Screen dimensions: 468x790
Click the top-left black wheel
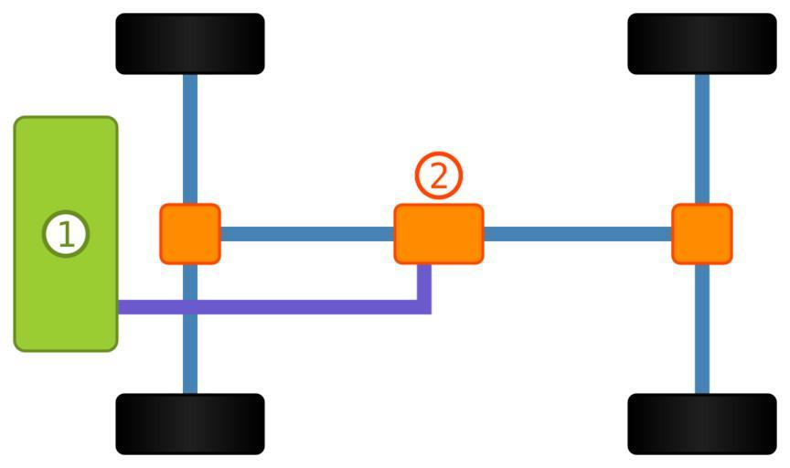pos(190,44)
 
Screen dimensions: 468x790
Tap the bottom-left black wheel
pos(190,423)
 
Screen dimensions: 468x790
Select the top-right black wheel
pos(701,44)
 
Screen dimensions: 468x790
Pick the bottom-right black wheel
pos(701,423)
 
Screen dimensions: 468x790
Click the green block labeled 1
pos(66,292)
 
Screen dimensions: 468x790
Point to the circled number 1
pos(66,234)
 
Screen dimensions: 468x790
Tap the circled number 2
pos(439,175)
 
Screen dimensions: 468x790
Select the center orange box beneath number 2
pos(439,234)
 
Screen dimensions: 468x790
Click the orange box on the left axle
pos(190,234)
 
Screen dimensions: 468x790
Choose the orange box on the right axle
pos(701,234)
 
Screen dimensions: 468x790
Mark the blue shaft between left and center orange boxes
pos(307,234)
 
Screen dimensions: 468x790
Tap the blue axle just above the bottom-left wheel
pos(190,366)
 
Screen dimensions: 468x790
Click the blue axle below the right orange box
pos(701,329)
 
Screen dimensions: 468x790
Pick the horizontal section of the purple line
pos(302,307)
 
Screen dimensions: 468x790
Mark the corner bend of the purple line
pos(424,307)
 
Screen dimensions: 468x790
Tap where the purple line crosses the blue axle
pos(190,307)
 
